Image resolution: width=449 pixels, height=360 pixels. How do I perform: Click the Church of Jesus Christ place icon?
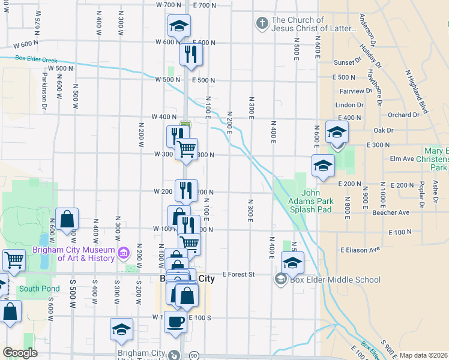pyautogui.click(x=262, y=24)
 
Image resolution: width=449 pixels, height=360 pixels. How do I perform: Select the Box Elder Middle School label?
pyautogui.click(x=335, y=280)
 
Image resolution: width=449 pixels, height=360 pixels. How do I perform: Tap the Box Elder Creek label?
pyautogui.click(x=35, y=59)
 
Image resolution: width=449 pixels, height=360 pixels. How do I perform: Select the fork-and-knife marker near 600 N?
pyautogui.click(x=191, y=54)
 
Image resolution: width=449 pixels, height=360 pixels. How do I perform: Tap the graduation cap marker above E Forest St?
pyautogui.click(x=292, y=262)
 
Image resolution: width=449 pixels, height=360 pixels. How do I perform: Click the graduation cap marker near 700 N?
pyautogui.click(x=179, y=25)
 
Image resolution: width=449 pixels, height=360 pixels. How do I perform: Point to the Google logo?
pyautogui.click(x=20, y=353)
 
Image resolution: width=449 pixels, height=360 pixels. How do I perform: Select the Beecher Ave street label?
pyautogui.click(x=391, y=212)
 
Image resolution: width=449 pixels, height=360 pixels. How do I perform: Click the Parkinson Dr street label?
pyautogui.click(x=44, y=91)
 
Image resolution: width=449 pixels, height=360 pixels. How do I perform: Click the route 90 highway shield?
pyautogui.click(x=194, y=356)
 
